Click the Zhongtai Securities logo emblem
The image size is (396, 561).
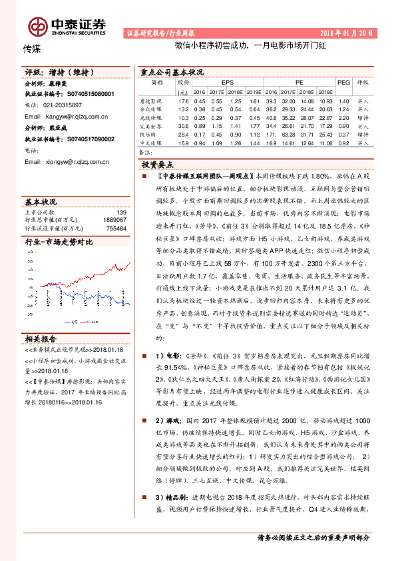[x=37, y=26]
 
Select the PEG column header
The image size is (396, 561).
[x=343, y=83]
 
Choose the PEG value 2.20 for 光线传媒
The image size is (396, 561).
[x=343, y=117]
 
